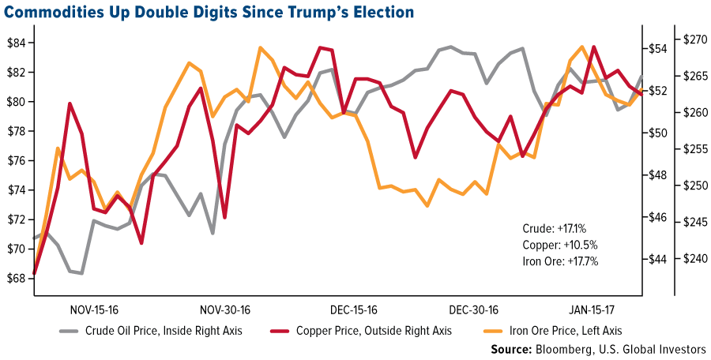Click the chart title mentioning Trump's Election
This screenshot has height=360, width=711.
tap(209, 12)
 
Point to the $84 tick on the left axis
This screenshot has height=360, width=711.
tap(17, 43)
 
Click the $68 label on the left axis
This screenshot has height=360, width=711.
tap(17, 279)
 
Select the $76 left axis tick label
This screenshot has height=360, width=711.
tap(17, 160)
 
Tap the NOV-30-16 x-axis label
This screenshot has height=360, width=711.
tap(224, 309)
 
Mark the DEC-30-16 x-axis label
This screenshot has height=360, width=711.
tap(472, 309)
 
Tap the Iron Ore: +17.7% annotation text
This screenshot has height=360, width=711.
tap(560, 260)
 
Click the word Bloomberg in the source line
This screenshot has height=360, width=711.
tap(588, 348)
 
